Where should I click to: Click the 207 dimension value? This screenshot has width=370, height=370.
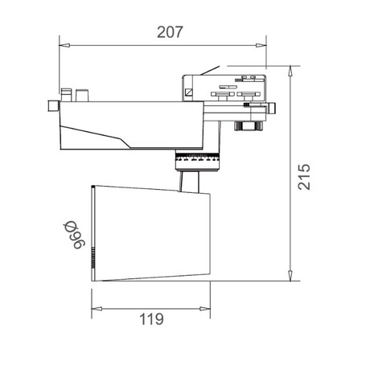[170, 32]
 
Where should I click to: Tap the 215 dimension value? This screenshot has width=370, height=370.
[304, 177]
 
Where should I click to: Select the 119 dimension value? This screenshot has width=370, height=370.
[151, 319]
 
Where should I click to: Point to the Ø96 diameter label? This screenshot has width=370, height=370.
[74, 235]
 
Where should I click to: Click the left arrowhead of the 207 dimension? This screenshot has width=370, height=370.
[64, 45]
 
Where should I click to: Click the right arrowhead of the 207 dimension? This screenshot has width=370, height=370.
[261, 45]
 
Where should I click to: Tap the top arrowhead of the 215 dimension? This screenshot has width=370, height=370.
[290, 72]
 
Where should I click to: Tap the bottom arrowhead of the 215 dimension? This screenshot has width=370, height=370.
[290, 275]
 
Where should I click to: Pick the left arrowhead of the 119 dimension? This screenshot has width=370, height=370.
[97, 309]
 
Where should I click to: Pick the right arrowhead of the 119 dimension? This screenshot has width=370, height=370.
[205, 309]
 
